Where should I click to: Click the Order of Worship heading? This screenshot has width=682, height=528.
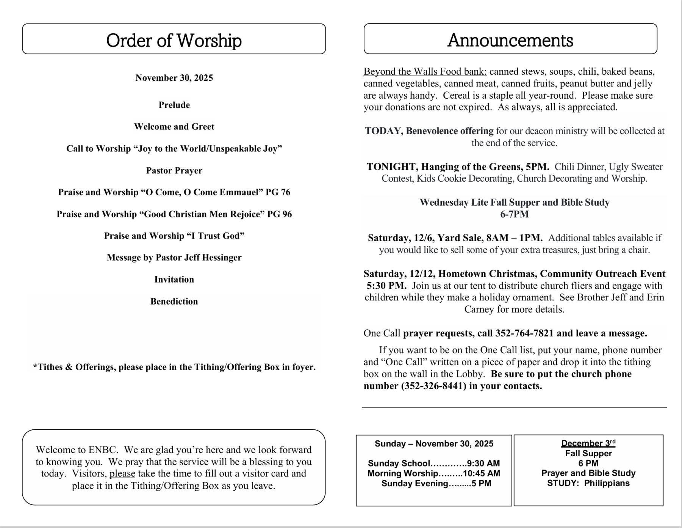click(x=174, y=40)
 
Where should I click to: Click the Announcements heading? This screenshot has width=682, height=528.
click(x=510, y=40)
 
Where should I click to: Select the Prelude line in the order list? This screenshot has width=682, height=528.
click(x=174, y=105)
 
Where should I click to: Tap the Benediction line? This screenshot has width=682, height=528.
click(x=174, y=302)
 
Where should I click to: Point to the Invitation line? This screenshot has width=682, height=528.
click(x=174, y=280)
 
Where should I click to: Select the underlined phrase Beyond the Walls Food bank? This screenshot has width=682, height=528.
click(x=425, y=72)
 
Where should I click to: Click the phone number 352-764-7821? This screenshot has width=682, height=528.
click(x=524, y=333)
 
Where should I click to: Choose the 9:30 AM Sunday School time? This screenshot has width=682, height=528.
click(x=483, y=464)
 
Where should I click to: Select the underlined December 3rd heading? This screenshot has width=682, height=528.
click(x=588, y=443)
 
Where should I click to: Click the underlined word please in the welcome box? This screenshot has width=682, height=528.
click(x=122, y=474)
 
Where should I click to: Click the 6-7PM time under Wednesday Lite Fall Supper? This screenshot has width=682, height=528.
click(x=514, y=214)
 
